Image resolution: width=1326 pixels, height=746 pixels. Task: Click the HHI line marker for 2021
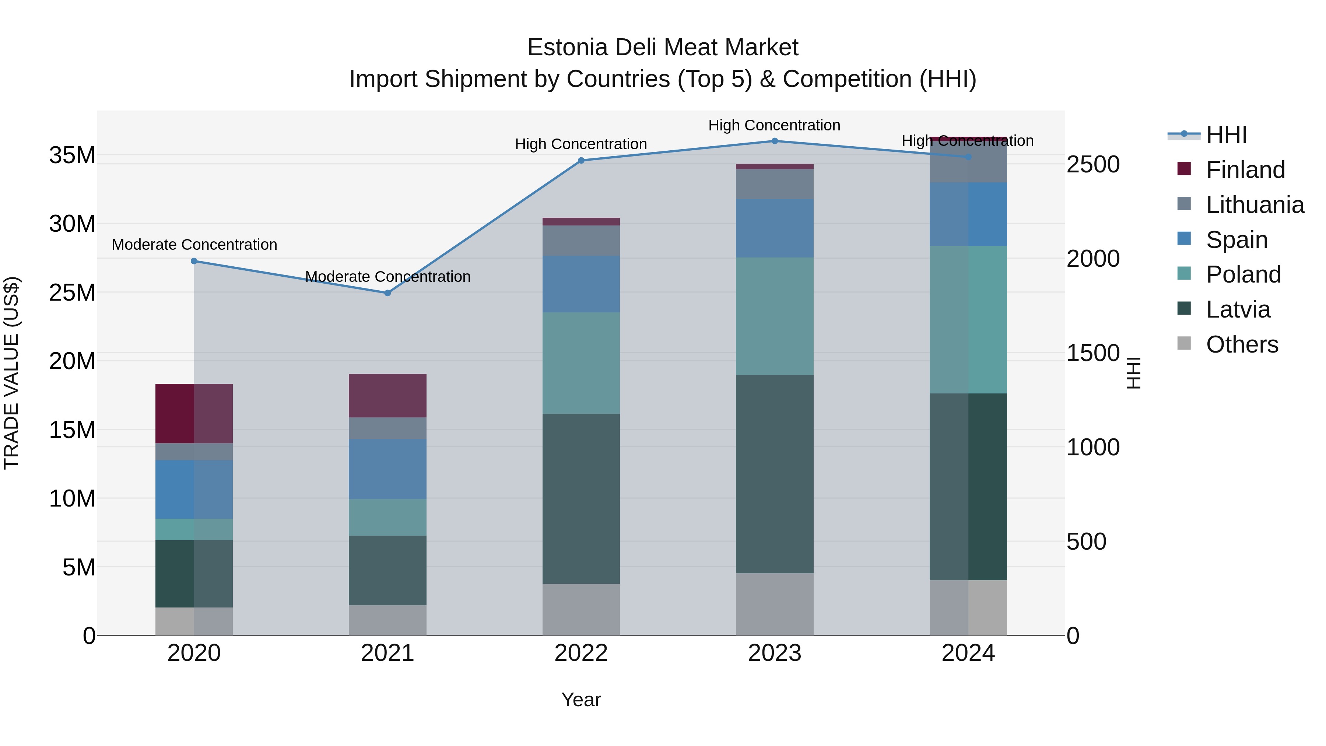coord(387,293)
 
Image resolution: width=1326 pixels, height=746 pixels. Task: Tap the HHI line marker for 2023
coord(775,141)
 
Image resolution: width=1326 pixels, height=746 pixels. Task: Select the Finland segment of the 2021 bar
coord(387,395)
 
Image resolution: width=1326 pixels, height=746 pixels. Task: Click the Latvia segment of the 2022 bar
coord(581,498)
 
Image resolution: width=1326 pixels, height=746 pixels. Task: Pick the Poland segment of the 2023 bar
coord(775,316)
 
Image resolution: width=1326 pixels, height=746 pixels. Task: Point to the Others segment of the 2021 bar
coord(387,620)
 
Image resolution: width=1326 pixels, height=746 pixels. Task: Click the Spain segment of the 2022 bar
coord(581,284)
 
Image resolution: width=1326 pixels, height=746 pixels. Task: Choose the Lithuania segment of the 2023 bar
coord(775,184)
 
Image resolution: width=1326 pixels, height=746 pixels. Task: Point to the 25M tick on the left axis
coord(72,293)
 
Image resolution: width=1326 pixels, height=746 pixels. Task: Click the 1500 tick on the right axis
coord(1093,353)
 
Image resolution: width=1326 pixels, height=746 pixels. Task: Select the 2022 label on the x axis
coord(581,653)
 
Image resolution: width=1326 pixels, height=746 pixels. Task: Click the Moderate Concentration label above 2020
coord(194,245)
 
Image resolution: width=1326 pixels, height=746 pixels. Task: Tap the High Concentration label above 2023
coord(774,125)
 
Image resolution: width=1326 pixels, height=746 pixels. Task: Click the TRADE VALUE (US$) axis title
coord(11,373)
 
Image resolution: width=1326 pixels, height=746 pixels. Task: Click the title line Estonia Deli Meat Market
coord(663,48)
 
